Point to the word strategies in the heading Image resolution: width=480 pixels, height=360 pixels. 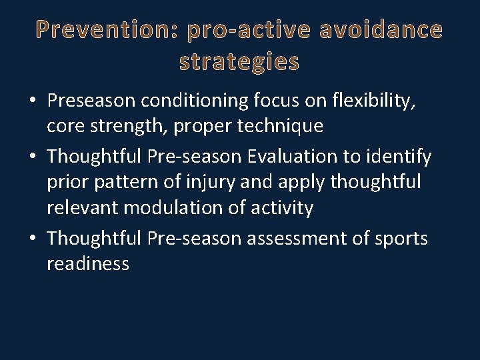click(239, 62)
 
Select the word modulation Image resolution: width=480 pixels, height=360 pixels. click(173, 207)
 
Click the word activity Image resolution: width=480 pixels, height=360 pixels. click(282, 207)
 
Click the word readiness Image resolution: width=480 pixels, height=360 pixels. click(87, 263)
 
